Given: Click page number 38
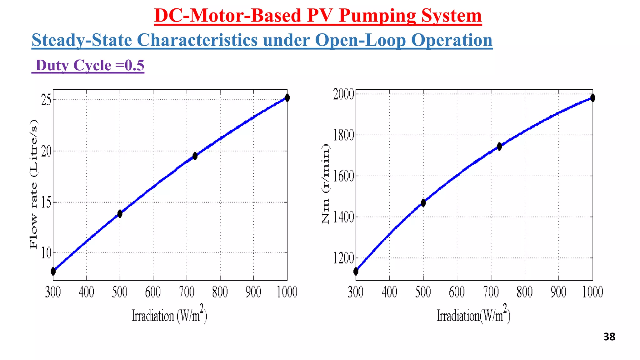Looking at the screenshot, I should [x=609, y=337].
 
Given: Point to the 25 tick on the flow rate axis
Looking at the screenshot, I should [x=46, y=100].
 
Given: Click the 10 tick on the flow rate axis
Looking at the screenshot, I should [x=46, y=253].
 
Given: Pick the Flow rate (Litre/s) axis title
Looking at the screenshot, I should [x=33, y=184].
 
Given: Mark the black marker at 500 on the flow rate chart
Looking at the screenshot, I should [x=120, y=214].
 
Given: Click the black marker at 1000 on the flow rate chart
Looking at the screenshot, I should [x=287, y=98].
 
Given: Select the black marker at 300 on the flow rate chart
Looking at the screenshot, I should [x=53, y=271].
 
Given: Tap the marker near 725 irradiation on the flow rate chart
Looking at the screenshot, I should [x=195, y=156].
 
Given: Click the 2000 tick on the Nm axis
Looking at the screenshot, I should [x=343, y=94].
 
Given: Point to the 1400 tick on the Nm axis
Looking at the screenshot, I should [x=343, y=217].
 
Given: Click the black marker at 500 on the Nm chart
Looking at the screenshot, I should [x=423, y=203].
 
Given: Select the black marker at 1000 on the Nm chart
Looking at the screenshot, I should [x=592, y=98].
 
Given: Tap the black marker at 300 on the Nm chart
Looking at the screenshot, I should [x=356, y=271].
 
